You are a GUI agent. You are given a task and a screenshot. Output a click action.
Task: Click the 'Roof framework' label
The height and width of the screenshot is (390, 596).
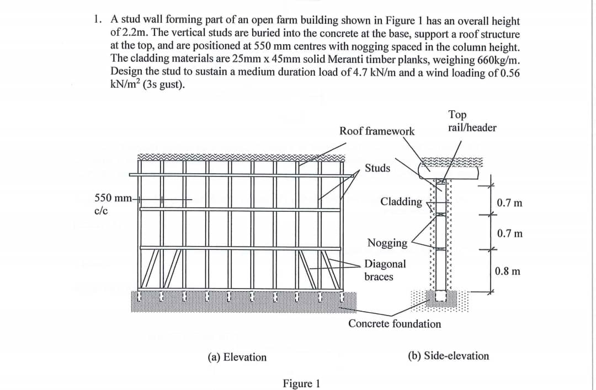(377, 131)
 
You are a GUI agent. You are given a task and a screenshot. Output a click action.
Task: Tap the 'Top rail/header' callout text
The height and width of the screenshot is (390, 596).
(472, 121)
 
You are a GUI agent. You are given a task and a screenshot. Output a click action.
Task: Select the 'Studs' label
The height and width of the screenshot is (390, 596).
(377, 168)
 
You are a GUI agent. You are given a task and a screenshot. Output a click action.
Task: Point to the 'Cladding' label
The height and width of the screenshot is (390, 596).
(401, 201)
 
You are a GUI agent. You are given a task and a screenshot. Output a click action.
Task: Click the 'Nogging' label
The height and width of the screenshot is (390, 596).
(387, 243)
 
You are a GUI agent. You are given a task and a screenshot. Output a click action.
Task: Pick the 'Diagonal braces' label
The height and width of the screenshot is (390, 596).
(385, 270)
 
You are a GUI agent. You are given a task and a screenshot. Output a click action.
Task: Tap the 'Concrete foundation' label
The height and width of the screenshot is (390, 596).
(395, 324)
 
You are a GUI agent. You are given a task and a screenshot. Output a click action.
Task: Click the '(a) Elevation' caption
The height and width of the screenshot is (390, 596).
(237, 357)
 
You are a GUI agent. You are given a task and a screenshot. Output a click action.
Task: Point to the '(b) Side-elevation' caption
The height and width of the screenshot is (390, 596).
(448, 356)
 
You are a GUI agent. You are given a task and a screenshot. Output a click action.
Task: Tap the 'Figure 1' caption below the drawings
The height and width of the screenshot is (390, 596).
(301, 383)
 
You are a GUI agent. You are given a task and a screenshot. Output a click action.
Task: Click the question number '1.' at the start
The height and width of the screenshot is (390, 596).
(98, 21)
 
